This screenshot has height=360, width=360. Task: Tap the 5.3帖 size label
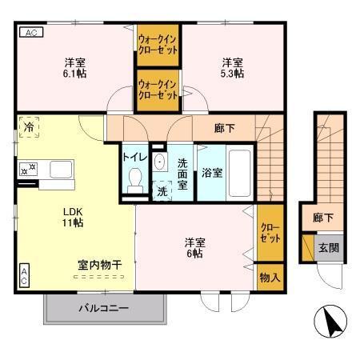(232, 73)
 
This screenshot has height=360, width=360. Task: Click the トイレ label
(134, 156)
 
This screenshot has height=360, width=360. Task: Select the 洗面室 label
(182, 172)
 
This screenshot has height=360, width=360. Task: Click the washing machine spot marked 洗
(162, 191)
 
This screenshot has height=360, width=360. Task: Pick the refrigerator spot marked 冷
(30, 127)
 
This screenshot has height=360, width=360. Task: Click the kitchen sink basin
(62, 170)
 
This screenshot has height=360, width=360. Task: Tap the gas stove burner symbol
(29, 169)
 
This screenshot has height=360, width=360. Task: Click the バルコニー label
(103, 307)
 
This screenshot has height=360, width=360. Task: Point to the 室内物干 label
(99, 263)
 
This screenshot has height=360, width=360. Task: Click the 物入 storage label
(270, 278)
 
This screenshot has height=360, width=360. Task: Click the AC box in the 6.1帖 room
(29, 33)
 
